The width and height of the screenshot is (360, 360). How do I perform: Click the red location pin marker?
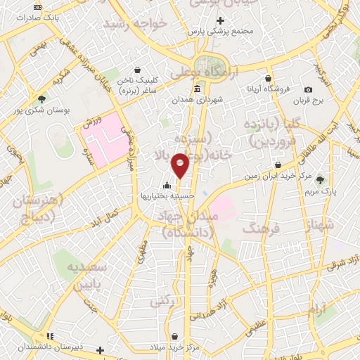[181, 165]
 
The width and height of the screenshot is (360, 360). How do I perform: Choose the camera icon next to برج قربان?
[309, 89]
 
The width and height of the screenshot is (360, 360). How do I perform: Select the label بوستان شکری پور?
[44, 110]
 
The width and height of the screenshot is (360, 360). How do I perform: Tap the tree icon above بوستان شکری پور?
[42, 99]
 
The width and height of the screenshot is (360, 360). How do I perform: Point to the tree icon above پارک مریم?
[322, 179]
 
